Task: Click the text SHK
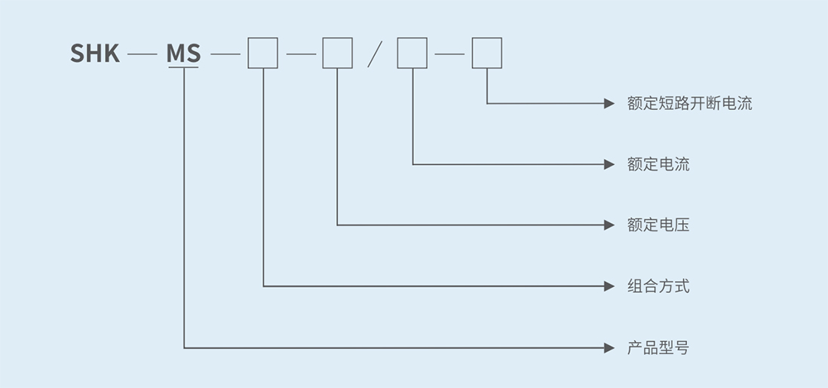click(95, 53)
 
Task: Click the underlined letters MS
click(184, 53)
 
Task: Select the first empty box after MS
click(263, 53)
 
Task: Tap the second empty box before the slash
click(337, 53)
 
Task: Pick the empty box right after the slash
click(412, 53)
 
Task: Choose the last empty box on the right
click(487, 53)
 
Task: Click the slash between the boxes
click(375, 54)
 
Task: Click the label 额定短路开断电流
click(689, 103)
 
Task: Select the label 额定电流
click(658, 164)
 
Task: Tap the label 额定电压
click(658, 225)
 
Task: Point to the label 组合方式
click(658, 286)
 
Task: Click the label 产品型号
click(658, 348)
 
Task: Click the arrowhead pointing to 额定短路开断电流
click(610, 103)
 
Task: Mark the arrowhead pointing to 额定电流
click(610, 164)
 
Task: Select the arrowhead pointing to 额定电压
click(610, 225)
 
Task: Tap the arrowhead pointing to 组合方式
click(610, 286)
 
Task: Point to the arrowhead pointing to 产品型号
click(610, 348)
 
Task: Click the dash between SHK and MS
click(143, 54)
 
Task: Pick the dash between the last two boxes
click(449, 54)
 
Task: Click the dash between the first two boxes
click(300, 54)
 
